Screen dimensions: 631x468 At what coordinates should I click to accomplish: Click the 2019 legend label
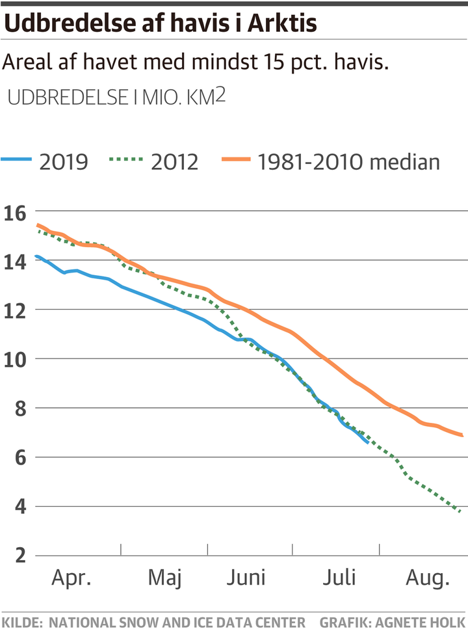click(x=64, y=161)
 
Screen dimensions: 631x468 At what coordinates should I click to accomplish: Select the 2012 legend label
click(x=175, y=161)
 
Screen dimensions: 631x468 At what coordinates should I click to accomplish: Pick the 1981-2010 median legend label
click(x=349, y=161)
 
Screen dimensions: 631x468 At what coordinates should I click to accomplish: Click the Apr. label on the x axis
click(x=71, y=578)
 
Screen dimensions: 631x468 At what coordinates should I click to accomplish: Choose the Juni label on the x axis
click(x=247, y=578)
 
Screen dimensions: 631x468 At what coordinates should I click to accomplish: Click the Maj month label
click(x=166, y=578)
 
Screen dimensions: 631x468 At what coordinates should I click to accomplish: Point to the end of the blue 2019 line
click(x=368, y=443)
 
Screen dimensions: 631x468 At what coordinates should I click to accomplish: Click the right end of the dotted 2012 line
click(x=460, y=512)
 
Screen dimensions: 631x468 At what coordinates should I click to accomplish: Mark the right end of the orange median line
click(x=462, y=435)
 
